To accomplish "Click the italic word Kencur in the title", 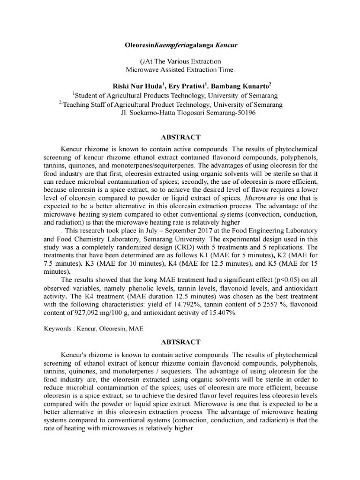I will (227, 47).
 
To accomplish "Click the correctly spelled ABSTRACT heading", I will (180, 137).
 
